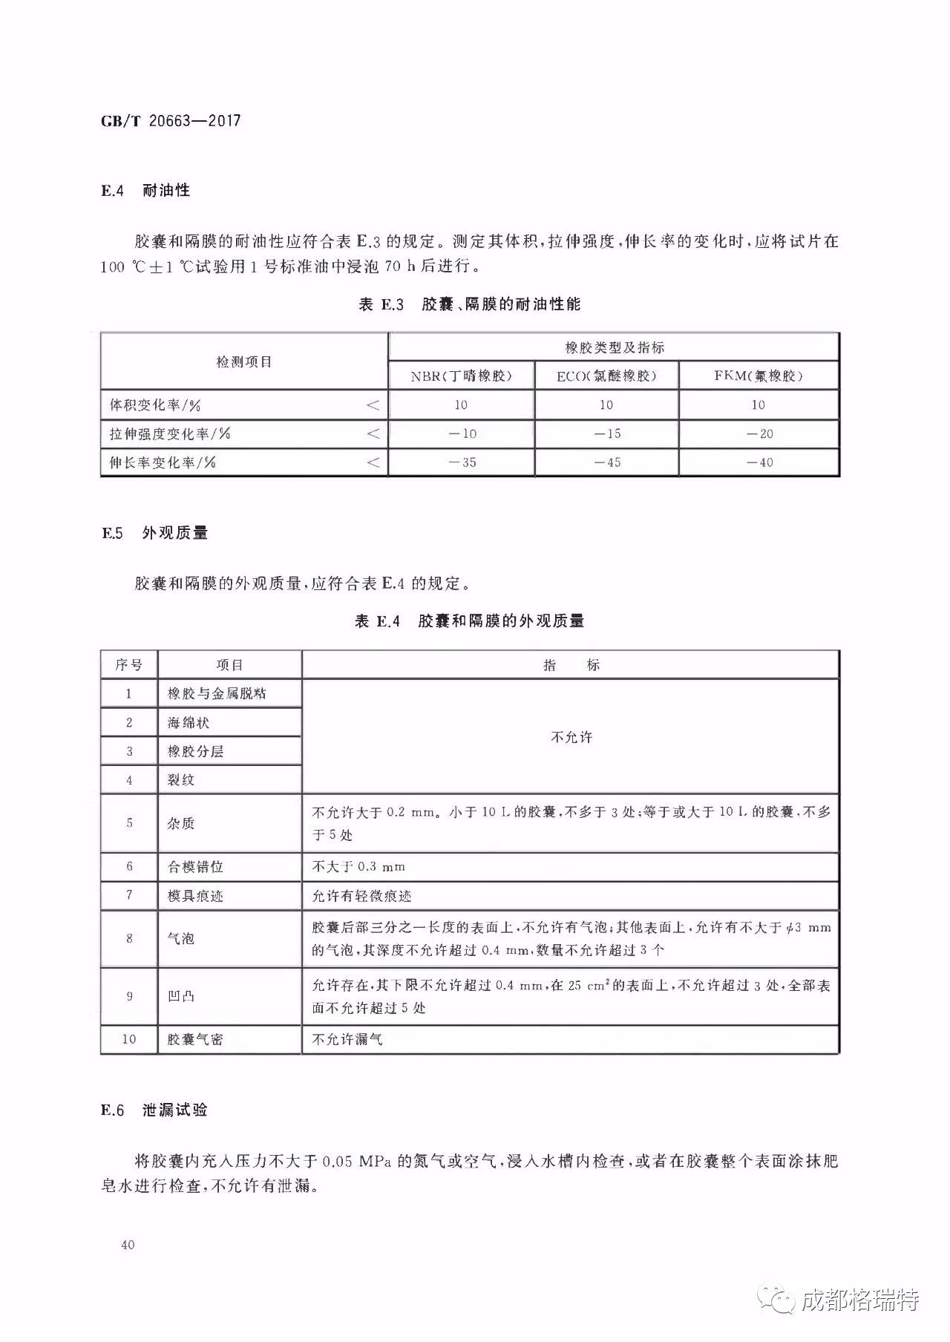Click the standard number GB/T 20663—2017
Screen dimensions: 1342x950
point(171,121)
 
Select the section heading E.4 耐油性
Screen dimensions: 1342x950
point(145,191)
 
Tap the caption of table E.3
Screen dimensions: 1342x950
point(469,304)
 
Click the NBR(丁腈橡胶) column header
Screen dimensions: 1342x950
point(461,376)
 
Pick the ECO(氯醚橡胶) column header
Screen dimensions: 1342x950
point(606,376)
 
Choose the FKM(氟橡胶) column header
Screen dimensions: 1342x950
point(759,376)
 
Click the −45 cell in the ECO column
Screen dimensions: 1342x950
point(607,462)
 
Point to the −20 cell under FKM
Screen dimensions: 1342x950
point(759,433)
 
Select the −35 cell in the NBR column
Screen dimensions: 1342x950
point(461,462)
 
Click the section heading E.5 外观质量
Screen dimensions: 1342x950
point(154,533)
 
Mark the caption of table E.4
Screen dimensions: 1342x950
point(469,621)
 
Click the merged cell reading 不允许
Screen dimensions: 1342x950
point(571,737)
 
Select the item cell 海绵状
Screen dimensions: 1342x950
point(189,722)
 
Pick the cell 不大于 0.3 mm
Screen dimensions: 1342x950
point(358,866)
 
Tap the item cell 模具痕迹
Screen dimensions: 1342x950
point(195,896)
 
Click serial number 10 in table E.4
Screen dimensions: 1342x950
point(129,1039)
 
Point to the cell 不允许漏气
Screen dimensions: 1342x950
point(347,1039)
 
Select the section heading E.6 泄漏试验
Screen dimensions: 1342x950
point(154,1110)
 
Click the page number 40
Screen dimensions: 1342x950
point(127,1245)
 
